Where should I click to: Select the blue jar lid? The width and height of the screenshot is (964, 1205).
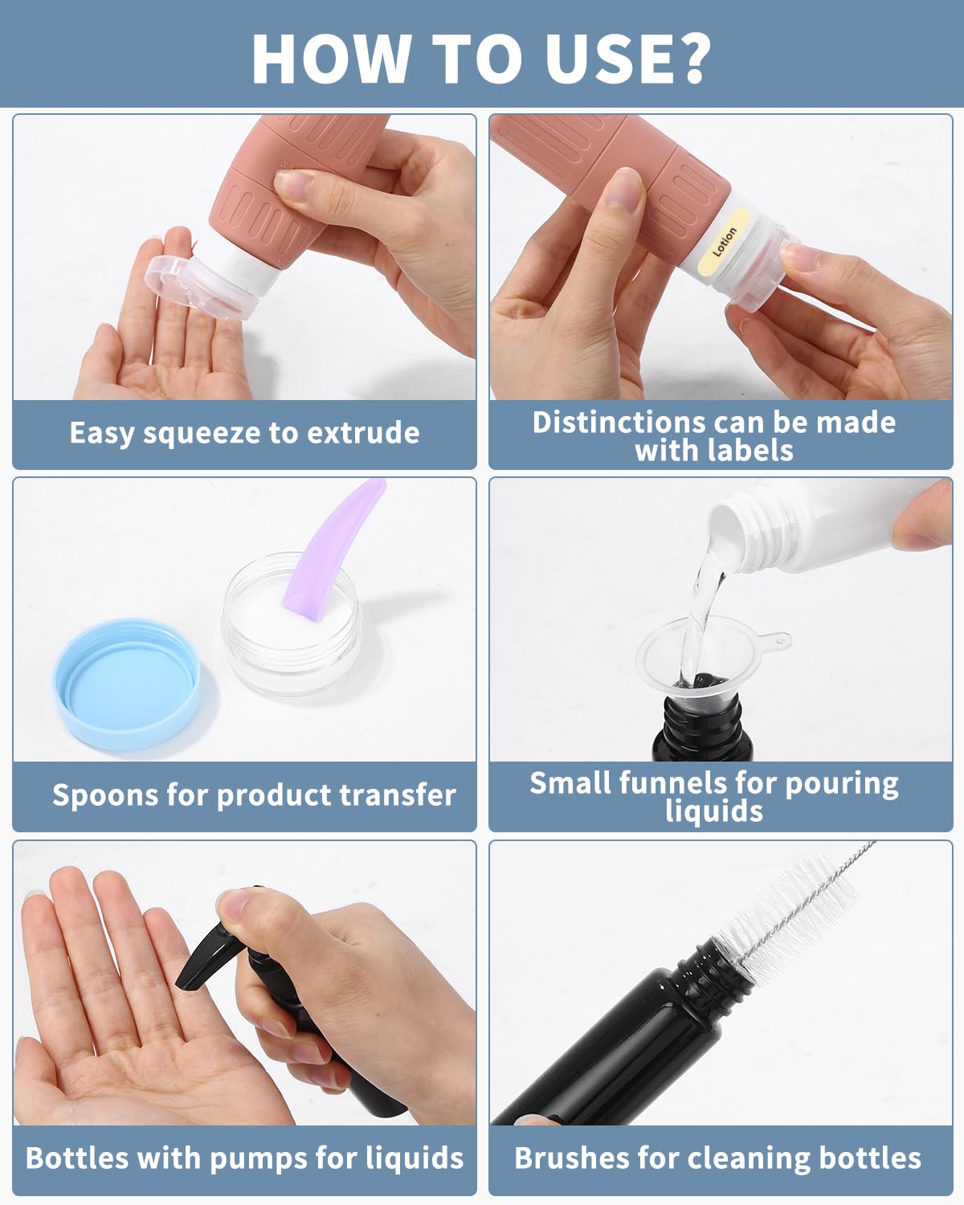(x=127, y=684)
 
